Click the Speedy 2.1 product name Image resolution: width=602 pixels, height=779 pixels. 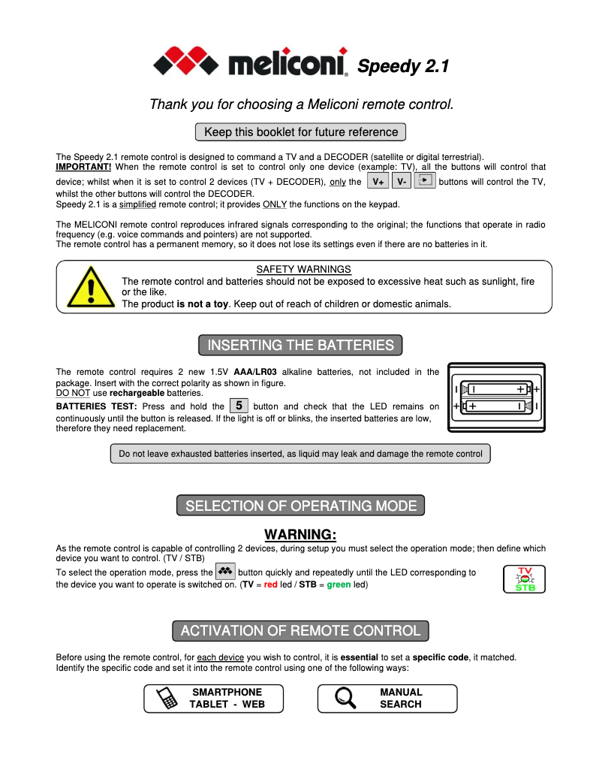(403, 66)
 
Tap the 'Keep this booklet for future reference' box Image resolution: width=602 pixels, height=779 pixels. (300, 132)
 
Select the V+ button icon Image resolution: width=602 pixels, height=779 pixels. (378, 181)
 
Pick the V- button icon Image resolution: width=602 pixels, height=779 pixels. (402, 181)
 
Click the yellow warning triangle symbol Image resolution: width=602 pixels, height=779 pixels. (90, 286)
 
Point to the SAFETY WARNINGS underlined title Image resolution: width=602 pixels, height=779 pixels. (303, 269)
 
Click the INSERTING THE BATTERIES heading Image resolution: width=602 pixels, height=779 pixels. (300, 346)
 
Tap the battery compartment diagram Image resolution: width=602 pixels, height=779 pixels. (496, 397)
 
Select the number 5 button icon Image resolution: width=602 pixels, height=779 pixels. (239, 406)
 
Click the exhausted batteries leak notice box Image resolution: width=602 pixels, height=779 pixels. (300, 454)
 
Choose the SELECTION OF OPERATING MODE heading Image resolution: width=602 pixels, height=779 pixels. (300, 506)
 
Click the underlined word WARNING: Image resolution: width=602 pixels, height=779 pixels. (300, 535)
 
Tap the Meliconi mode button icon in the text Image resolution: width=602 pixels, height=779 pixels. (226, 572)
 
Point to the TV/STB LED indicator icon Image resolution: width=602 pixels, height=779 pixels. (524, 578)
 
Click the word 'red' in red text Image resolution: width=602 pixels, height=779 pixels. (271, 585)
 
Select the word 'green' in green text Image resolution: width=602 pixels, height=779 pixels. (339, 585)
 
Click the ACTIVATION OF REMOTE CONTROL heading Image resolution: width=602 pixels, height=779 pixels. (300, 630)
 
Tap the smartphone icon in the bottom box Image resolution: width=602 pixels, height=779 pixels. (167, 699)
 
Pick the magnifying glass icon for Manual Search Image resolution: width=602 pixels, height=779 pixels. (345, 699)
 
